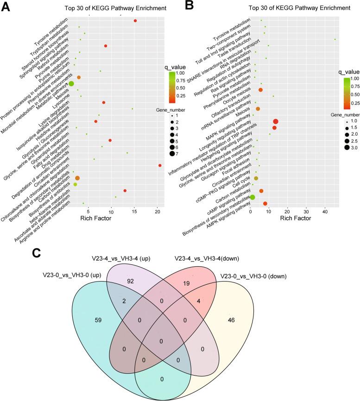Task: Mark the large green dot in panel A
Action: (x=71, y=83)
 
